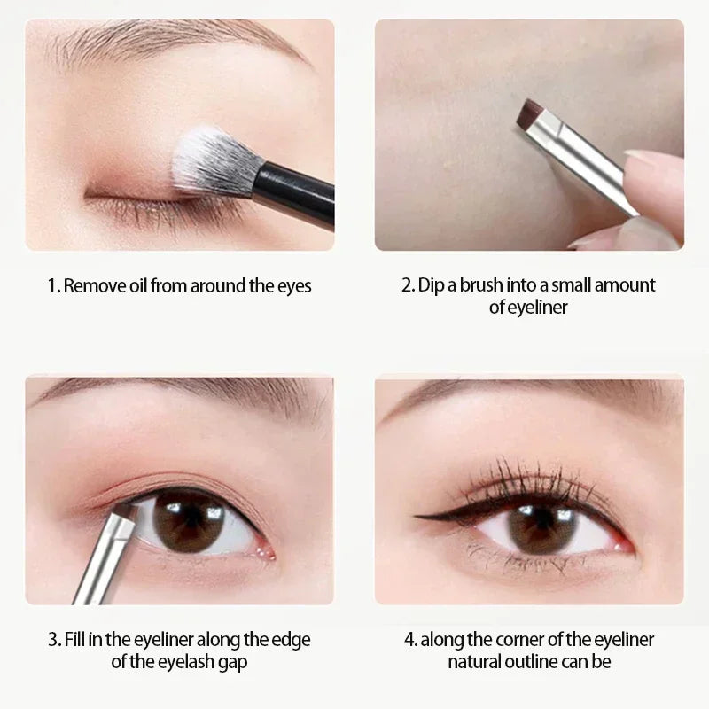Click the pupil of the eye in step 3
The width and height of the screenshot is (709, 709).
188,521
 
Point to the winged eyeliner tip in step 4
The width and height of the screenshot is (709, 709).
418,515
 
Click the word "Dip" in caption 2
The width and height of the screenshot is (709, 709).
432,285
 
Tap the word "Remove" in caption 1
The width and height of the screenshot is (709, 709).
92,286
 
